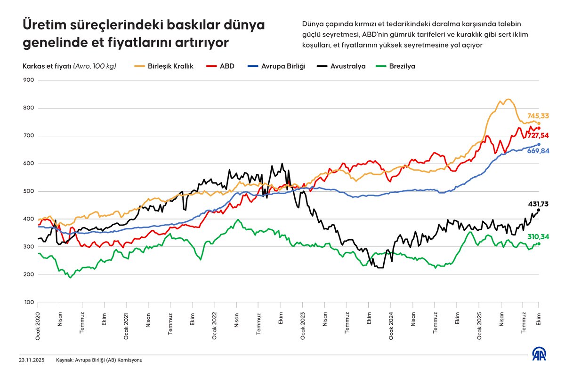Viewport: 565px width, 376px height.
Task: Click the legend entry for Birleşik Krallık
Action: pos(170,66)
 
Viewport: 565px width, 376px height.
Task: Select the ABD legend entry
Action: pos(227,66)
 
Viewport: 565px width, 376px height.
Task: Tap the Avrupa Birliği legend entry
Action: pos(283,66)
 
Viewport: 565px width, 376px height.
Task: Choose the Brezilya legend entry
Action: pos(402,66)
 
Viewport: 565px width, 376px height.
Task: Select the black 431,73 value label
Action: pos(538,204)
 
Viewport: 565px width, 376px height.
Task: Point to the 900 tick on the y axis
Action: pos(29,80)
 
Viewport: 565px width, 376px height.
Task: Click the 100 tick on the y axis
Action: pos(29,302)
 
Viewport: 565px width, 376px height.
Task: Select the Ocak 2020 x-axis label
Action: pos(38,324)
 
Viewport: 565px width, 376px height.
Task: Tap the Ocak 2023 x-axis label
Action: pos(303,324)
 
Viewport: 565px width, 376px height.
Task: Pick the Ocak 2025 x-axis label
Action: pos(479,324)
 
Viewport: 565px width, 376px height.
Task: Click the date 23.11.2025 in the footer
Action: pos(32,360)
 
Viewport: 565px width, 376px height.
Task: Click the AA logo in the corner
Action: pos(540,354)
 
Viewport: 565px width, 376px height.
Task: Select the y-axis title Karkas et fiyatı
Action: pos(47,66)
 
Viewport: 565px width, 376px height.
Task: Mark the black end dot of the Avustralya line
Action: pos(539,210)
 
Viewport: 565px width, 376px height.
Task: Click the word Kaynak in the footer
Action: pos(65,360)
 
